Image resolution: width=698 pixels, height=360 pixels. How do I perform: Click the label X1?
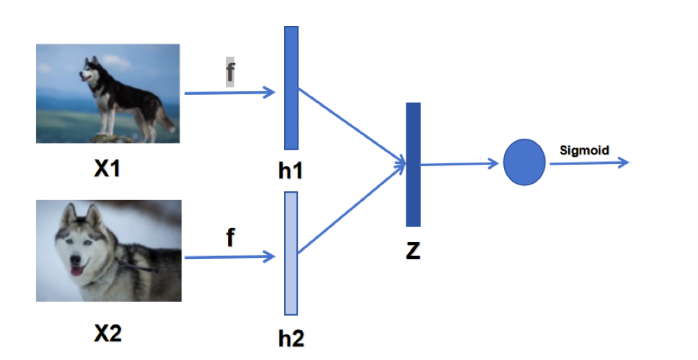(x=107, y=168)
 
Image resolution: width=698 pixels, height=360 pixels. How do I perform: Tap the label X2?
(x=108, y=333)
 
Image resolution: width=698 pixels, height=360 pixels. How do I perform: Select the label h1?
(x=290, y=171)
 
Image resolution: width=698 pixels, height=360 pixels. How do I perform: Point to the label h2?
(x=292, y=337)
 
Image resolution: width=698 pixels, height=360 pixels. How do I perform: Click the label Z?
(x=413, y=251)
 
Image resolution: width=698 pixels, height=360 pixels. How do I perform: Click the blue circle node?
(x=524, y=163)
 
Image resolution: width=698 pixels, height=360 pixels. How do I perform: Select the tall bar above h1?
(x=292, y=87)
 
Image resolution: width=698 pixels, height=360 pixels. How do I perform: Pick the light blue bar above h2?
(x=292, y=253)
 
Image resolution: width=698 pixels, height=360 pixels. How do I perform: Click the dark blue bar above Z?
(x=413, y=164)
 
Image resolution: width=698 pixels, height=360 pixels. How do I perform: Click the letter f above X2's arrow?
(x=230, y=238)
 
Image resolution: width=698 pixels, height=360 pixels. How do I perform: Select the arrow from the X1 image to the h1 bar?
(x=229, y=92)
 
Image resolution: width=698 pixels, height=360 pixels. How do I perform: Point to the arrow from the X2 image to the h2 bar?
(x=229, y=258)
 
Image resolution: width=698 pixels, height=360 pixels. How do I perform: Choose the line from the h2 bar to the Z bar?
(x=352, y=209)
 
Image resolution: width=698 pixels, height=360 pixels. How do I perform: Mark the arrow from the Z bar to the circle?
(x=460, y=163)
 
